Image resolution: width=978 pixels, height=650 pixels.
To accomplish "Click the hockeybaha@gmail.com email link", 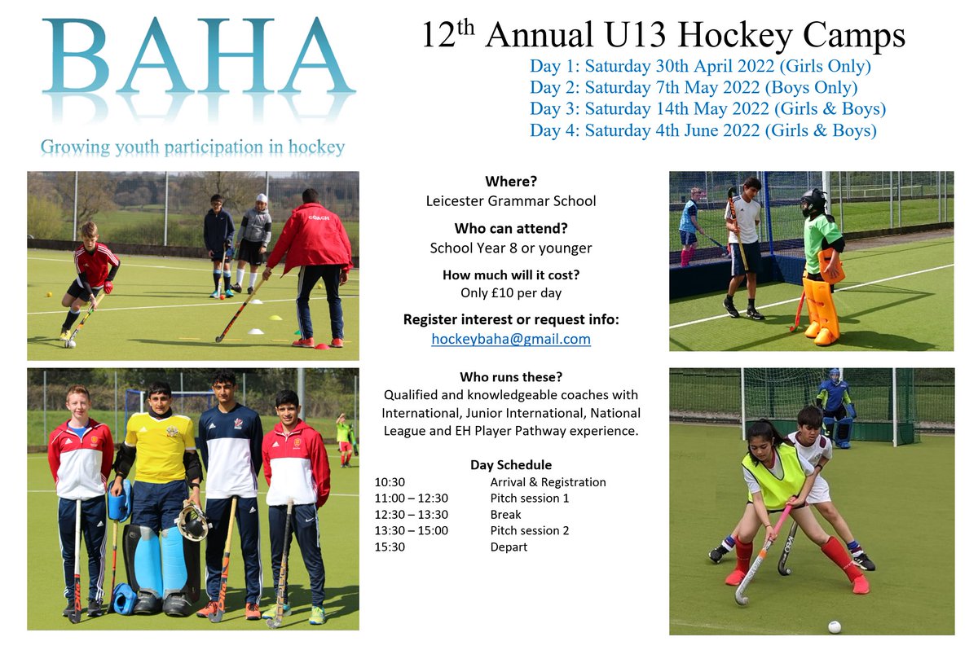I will pos(511,339).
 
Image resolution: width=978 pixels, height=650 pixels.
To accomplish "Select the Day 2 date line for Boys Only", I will pos(694,88).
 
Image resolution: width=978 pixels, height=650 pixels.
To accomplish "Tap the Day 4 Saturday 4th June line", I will pos(703,130).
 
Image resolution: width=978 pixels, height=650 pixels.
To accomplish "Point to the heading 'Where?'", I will pos(511,181).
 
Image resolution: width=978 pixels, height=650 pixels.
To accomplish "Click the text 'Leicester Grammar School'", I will pos(511,200).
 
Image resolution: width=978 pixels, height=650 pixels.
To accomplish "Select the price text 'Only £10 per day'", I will pos(511,293).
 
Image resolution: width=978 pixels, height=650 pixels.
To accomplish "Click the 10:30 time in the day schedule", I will pos(389,482).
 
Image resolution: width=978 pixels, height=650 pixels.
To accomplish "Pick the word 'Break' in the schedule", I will pos(505,515).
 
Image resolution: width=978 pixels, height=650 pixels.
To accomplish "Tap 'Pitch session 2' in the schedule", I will pos(529,531).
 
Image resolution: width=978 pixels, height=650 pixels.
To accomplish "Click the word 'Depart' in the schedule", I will pos(509,547).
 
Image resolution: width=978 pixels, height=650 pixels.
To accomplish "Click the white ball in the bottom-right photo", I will pos(834,626).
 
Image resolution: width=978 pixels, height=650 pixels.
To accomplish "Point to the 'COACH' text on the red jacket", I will pos(317,217).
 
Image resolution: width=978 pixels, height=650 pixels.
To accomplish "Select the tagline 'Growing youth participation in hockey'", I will pos(192,148).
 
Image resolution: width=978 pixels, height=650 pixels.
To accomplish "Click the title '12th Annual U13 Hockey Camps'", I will pos(663,37).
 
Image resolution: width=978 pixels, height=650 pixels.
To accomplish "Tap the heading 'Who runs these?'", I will pos(511,377).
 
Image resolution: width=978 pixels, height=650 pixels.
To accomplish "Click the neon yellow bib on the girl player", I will pos(772,476).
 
